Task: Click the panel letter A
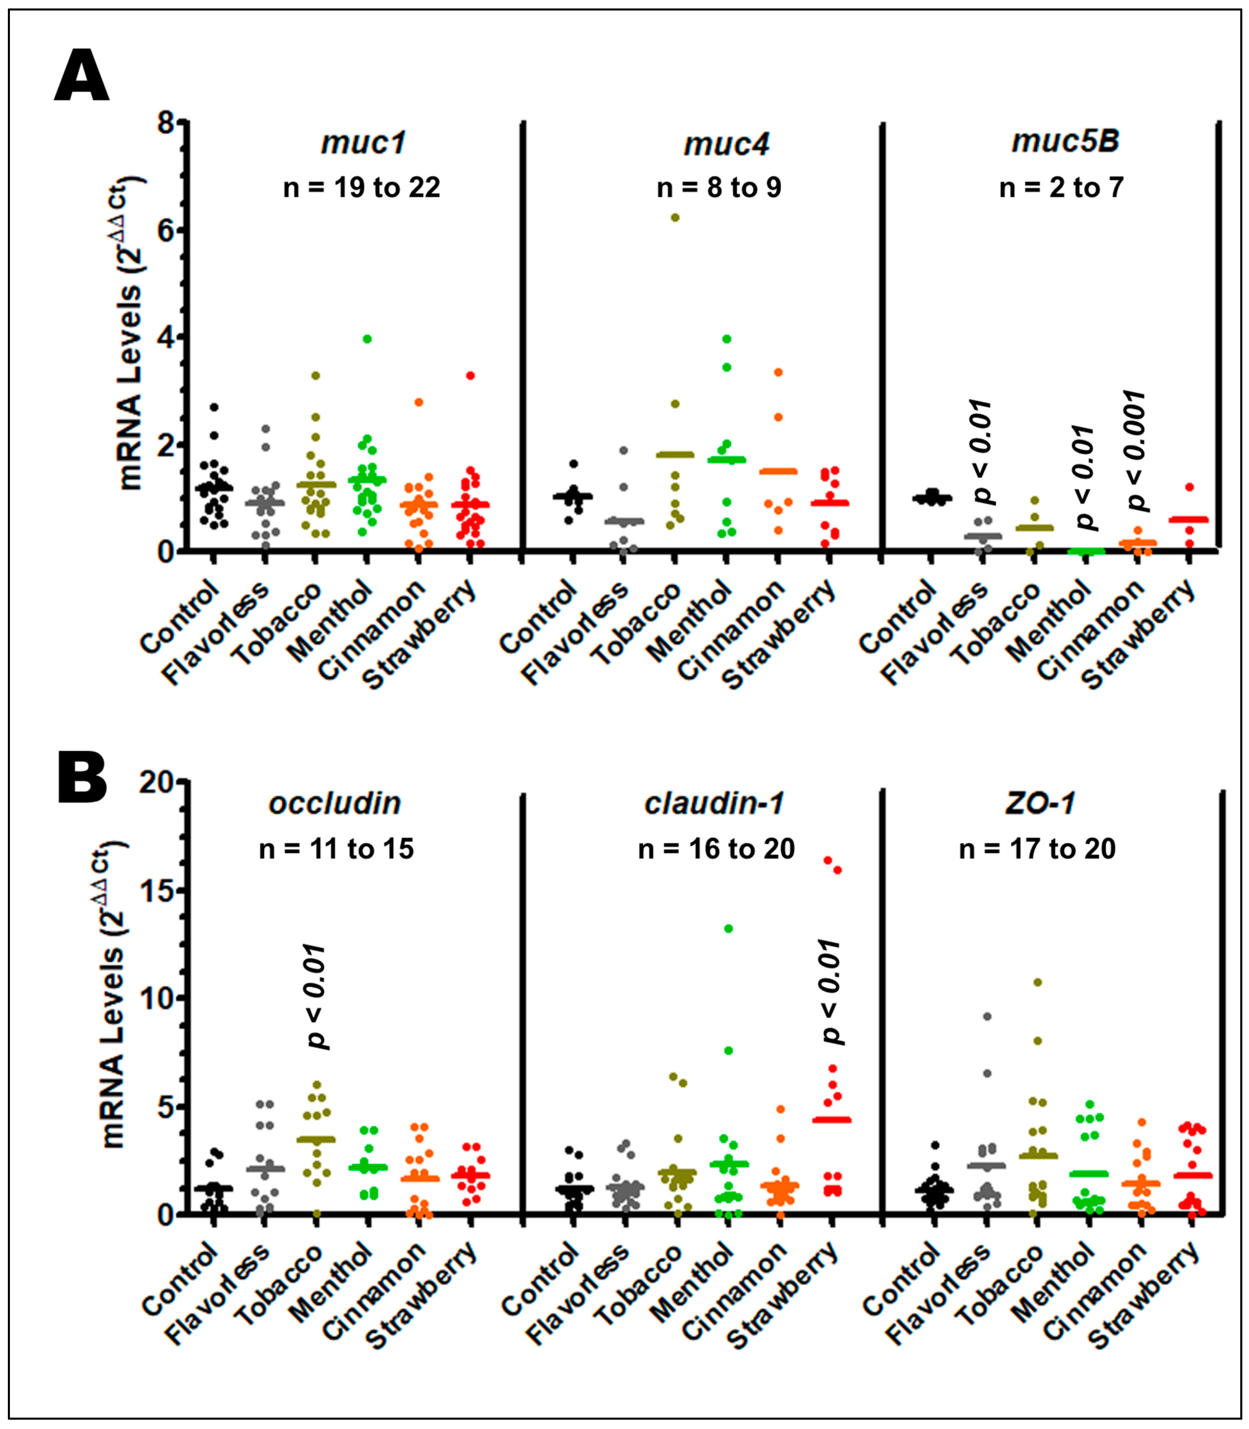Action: tap(82, 77)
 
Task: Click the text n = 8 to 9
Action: tap(719, 187)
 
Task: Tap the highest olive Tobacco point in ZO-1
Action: tap(1037, 982)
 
